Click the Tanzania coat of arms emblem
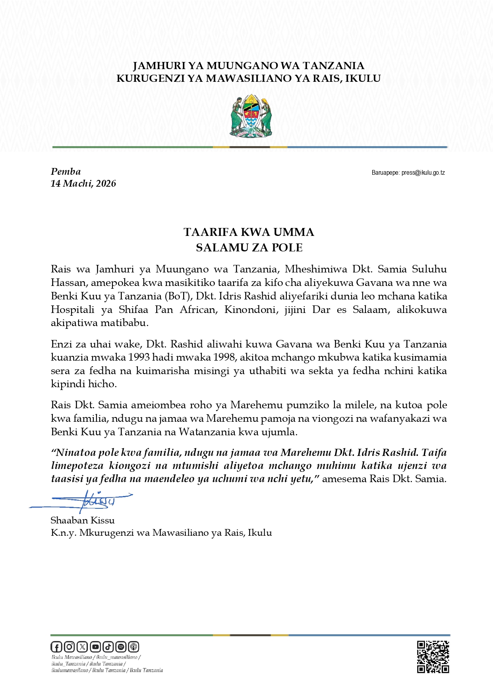coord(251,116)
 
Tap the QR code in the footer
coord(433,657)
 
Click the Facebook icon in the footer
coord(56,647)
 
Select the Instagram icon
coord(69,647)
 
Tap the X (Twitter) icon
coord(82,647)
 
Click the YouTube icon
coord(95,647)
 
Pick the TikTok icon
coord(108,647)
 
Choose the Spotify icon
coord(121,647)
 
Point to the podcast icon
coord(134,647)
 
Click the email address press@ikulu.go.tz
coord(423,173)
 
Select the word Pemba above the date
coord(66,172)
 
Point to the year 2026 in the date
coord(106,183)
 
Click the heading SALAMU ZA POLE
coord(249,248)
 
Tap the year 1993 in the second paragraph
coord(139,357)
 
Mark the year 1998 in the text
coord(224,357)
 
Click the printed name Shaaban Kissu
coord(83,520)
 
